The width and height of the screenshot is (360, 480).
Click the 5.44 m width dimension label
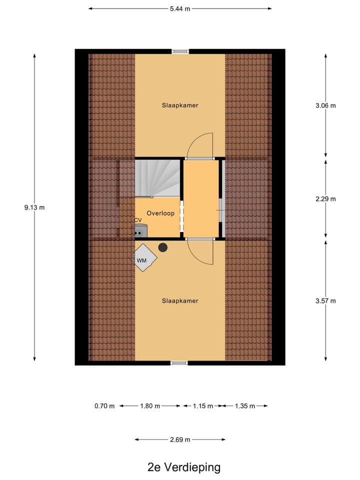(180, 8)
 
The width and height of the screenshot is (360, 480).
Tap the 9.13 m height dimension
(34, 207)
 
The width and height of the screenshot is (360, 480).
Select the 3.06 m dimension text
(326, 105)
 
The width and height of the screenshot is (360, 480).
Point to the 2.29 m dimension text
(326, 198)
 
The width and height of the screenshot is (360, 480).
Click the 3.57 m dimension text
(326, 300)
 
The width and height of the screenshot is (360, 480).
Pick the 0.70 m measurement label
(104, 406)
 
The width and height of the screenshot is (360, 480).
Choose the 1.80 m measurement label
(150, 406)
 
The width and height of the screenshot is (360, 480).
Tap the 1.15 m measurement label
(202, 406)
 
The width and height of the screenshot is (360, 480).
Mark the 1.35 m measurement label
(245, 406)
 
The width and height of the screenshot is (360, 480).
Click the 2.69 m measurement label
(180, 440)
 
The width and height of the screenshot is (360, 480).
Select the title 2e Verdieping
(184, 467)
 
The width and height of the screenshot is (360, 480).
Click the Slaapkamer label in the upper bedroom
(180, 105)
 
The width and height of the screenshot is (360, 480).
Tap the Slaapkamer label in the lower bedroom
(180, 300)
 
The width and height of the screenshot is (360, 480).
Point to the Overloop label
(160, 213)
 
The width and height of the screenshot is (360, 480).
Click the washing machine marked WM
(144, 258)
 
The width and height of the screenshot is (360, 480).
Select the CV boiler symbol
(140, 230)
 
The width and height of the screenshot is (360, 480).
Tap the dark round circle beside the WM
(163, 247)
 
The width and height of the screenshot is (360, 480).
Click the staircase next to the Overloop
(157, 177)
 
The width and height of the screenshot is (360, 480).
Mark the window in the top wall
(180, 51)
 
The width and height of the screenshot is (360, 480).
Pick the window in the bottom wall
(179, 363)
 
